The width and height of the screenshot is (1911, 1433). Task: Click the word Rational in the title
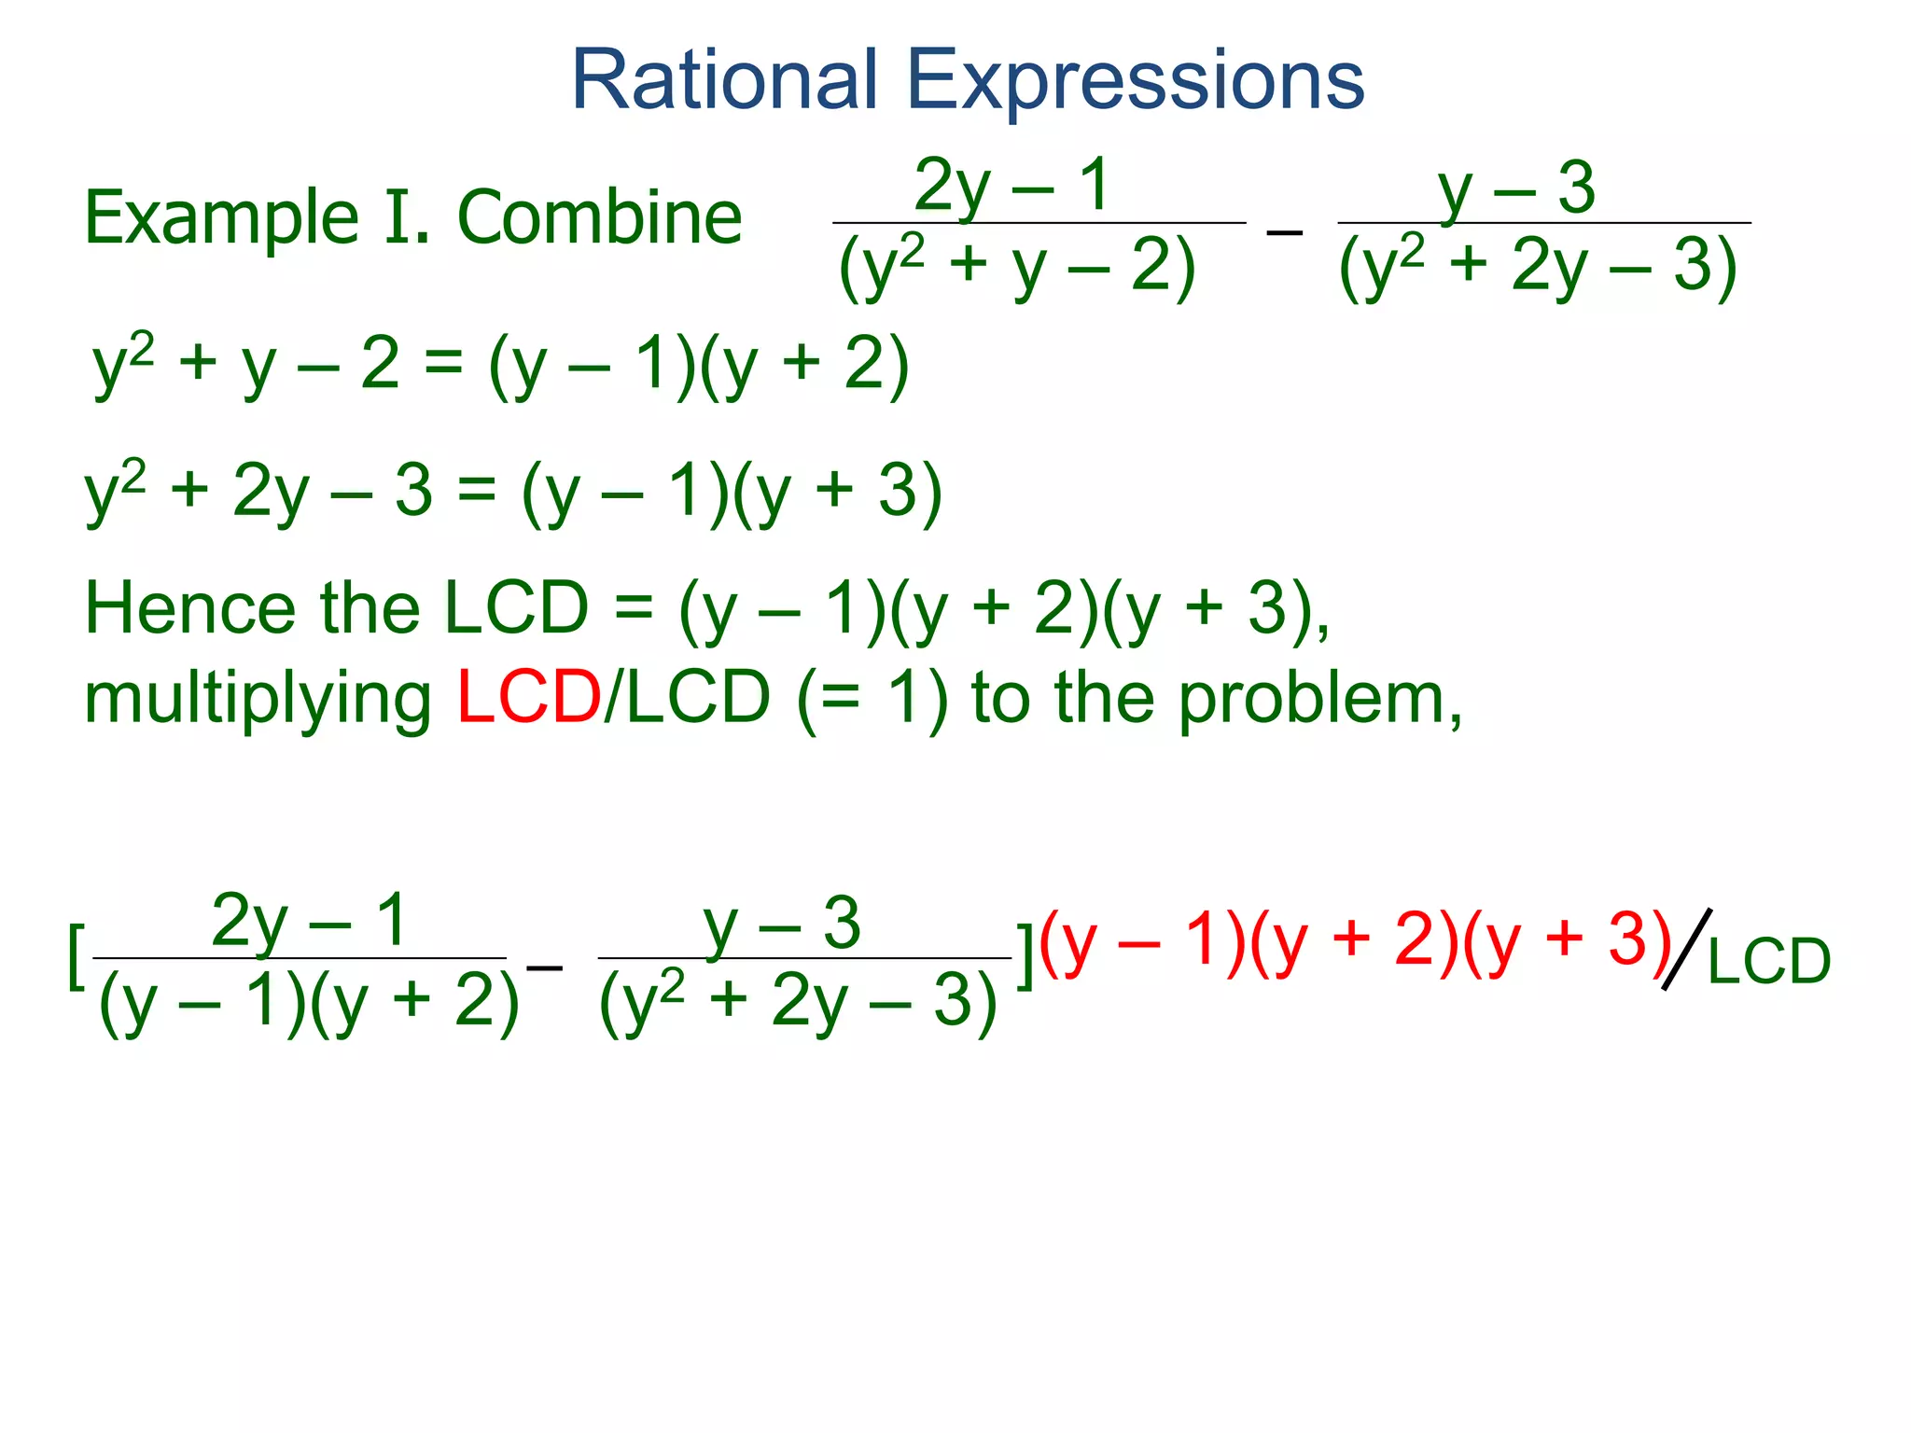724,80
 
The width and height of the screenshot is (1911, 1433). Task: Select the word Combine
599,218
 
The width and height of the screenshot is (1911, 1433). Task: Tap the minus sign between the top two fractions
1285,230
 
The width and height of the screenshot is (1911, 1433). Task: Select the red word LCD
529,698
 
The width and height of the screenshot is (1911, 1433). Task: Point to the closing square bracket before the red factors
1025,956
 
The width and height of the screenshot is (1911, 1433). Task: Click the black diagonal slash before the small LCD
1687,949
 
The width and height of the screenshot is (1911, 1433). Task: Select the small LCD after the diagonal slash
1769,961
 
